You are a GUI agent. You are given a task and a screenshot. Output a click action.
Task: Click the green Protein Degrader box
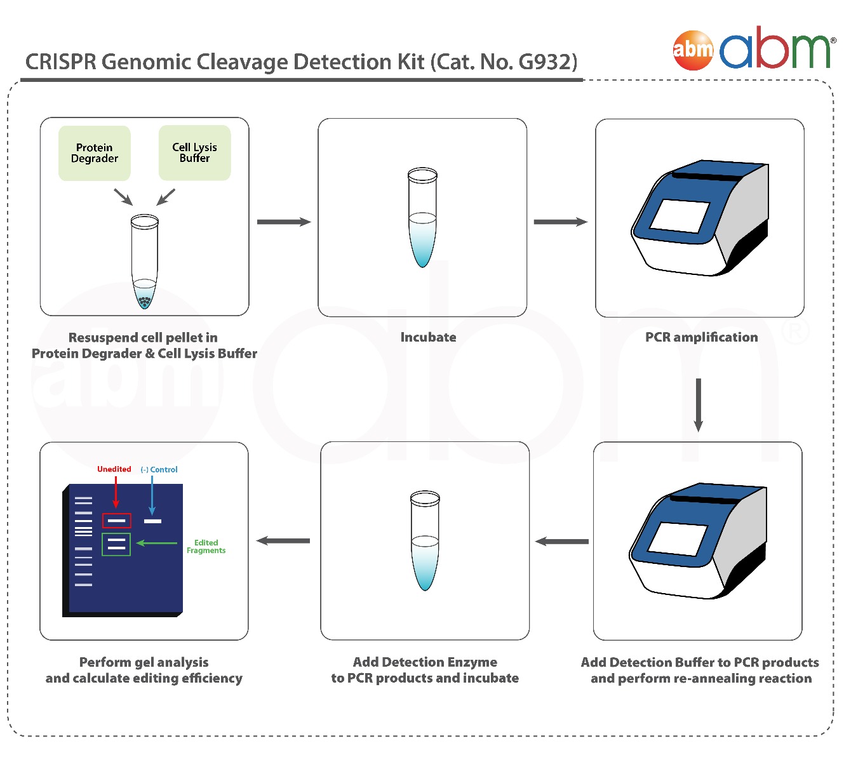[x=94, y=153]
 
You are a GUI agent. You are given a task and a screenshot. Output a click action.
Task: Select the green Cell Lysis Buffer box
[x=195, y=153]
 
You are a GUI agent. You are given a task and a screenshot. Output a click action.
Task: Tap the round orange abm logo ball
[x=693, y=50]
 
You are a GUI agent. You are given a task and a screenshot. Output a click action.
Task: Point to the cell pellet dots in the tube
[x=145, y=301]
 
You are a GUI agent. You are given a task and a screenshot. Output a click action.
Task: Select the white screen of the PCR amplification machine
[x=679, y=215]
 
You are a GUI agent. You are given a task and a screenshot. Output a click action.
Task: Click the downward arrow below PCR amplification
[x=699, y=405]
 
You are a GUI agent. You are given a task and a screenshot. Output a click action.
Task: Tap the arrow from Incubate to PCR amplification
[x=561, y=222]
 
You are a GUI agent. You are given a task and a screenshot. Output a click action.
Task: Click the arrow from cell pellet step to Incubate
[x=284, y=222]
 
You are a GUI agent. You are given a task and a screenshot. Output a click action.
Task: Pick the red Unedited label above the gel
[x=114, y=469]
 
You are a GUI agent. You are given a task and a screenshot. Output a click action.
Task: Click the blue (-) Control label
[x=159, y=469]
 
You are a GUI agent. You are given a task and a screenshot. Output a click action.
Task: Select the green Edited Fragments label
[x=206, y=547]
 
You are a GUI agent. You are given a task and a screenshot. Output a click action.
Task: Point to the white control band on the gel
[x=152, y=521]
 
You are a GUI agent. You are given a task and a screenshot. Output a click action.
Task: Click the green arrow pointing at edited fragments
[x=156, y=543]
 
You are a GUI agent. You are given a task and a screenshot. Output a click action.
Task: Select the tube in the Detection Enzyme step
[x=425, y=540]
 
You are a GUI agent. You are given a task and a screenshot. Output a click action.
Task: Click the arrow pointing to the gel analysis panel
[x=283, y=540]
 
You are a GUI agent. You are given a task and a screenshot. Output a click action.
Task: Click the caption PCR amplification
[x=701, y=337]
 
